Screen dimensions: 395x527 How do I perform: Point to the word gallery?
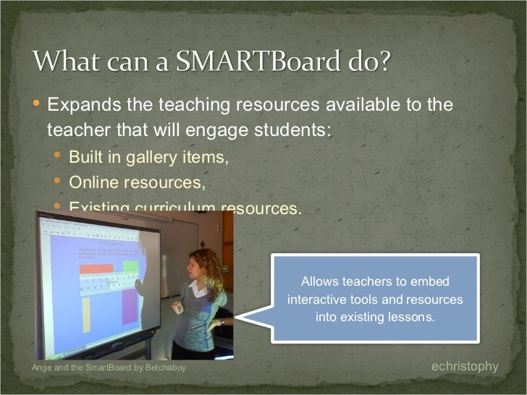click(166, 158)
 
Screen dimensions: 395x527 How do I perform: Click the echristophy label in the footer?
click(465, 367)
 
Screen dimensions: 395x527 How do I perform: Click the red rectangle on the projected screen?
click(96, 269)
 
